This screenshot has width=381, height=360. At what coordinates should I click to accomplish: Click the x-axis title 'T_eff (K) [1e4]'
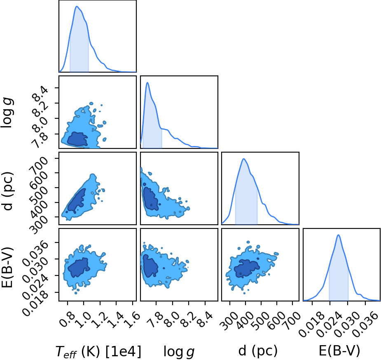tap(98, 351)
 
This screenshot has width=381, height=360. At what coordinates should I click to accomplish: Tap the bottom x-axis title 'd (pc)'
tap(258, 351)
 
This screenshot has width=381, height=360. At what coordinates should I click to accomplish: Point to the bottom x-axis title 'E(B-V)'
tap(339, 351)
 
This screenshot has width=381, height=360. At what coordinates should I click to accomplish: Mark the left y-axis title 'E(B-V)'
tap(7, 267)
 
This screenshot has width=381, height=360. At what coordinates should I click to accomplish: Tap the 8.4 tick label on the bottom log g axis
tap(205, 319)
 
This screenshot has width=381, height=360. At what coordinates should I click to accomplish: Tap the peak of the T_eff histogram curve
tap(77, 6)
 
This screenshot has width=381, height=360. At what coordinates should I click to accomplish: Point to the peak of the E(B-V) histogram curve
tap(338, 235)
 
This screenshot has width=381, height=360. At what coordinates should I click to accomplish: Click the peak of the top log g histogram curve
tap(147, 83)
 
